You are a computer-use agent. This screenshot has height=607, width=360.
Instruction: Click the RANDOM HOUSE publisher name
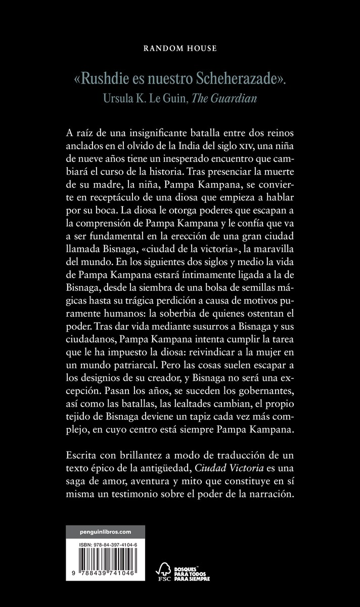click(180, 49)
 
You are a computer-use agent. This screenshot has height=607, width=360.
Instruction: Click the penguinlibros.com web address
click(105, 532)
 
